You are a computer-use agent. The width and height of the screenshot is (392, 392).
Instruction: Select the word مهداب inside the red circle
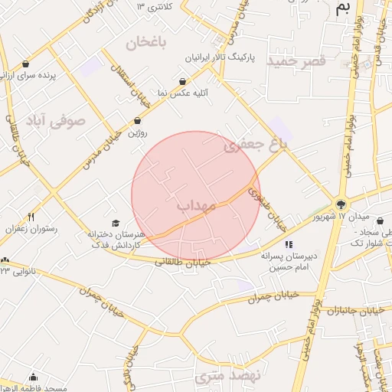point(197,205)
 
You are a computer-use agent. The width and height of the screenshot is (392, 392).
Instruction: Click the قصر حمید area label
point(298,60)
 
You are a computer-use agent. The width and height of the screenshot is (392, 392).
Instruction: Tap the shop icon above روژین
point(137,121)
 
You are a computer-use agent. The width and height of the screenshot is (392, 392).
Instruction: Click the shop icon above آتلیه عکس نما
point(182,81)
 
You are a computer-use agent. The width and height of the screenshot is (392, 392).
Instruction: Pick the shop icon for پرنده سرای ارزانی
point(28,64)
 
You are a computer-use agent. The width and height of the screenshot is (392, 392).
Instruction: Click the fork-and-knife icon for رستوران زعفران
point(31,217)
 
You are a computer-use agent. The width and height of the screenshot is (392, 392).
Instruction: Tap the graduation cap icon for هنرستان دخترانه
point(116,223)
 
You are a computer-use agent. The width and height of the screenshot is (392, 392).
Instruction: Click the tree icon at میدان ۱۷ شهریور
point(341,204)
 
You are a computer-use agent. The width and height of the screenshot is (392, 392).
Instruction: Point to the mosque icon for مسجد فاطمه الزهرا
point(33,377)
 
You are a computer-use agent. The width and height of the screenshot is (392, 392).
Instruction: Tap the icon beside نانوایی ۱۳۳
point(6,261)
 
